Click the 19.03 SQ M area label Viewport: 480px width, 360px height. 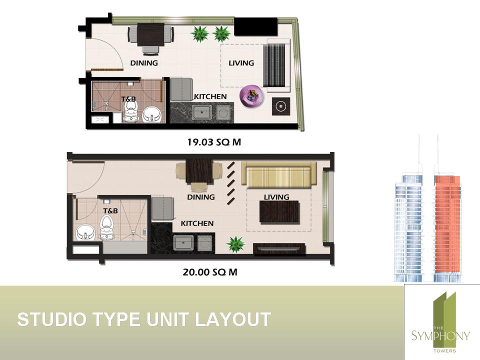pyautogui.click(x=214, y=142)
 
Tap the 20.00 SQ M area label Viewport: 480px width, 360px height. pyautogui.click(x=210, y=272)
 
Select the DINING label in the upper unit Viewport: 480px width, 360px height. pyautogui.click(x=144, y=63)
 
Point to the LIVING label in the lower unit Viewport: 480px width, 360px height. pyautogui.click(x=276, y=197)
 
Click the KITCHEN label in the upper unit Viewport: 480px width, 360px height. pyautogui.click(x=210, y=96)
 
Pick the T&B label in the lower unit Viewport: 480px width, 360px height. pyautogui.click(x=110, y=211)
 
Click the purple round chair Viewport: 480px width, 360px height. pyautogui.click(x=251, y=96)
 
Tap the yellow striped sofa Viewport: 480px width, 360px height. pyautogui.click(x=278, y=175)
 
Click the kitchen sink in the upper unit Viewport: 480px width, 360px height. pyautogui.click(x=201, y=112)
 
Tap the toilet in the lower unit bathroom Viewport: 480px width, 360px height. pyautogui.click(x=106, y=226)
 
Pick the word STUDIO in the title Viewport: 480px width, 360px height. pyautogui.click(x=51, y=319)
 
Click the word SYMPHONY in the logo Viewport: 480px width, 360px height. pyautogui.click(x=440, y=336)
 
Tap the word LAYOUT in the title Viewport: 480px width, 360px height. pyautogui.click(x=233, y=319)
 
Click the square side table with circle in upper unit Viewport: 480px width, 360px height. pyautogui.click(x=280, y=106)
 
